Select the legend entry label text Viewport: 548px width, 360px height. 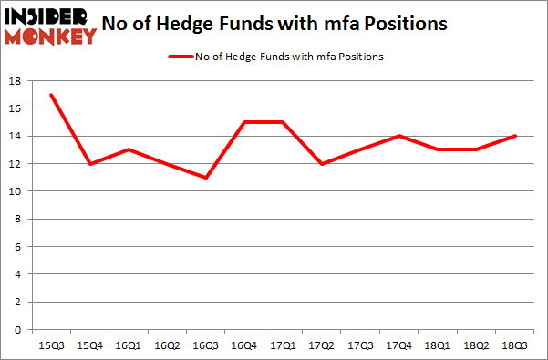coord(289,57)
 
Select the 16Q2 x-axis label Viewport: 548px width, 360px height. coord(168,345)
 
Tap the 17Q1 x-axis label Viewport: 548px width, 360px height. coord(284,345)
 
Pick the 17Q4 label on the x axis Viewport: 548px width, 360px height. coord(399,345)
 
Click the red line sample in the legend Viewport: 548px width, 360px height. coord(179,57)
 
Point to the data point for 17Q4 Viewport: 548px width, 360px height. coord(399,136)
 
